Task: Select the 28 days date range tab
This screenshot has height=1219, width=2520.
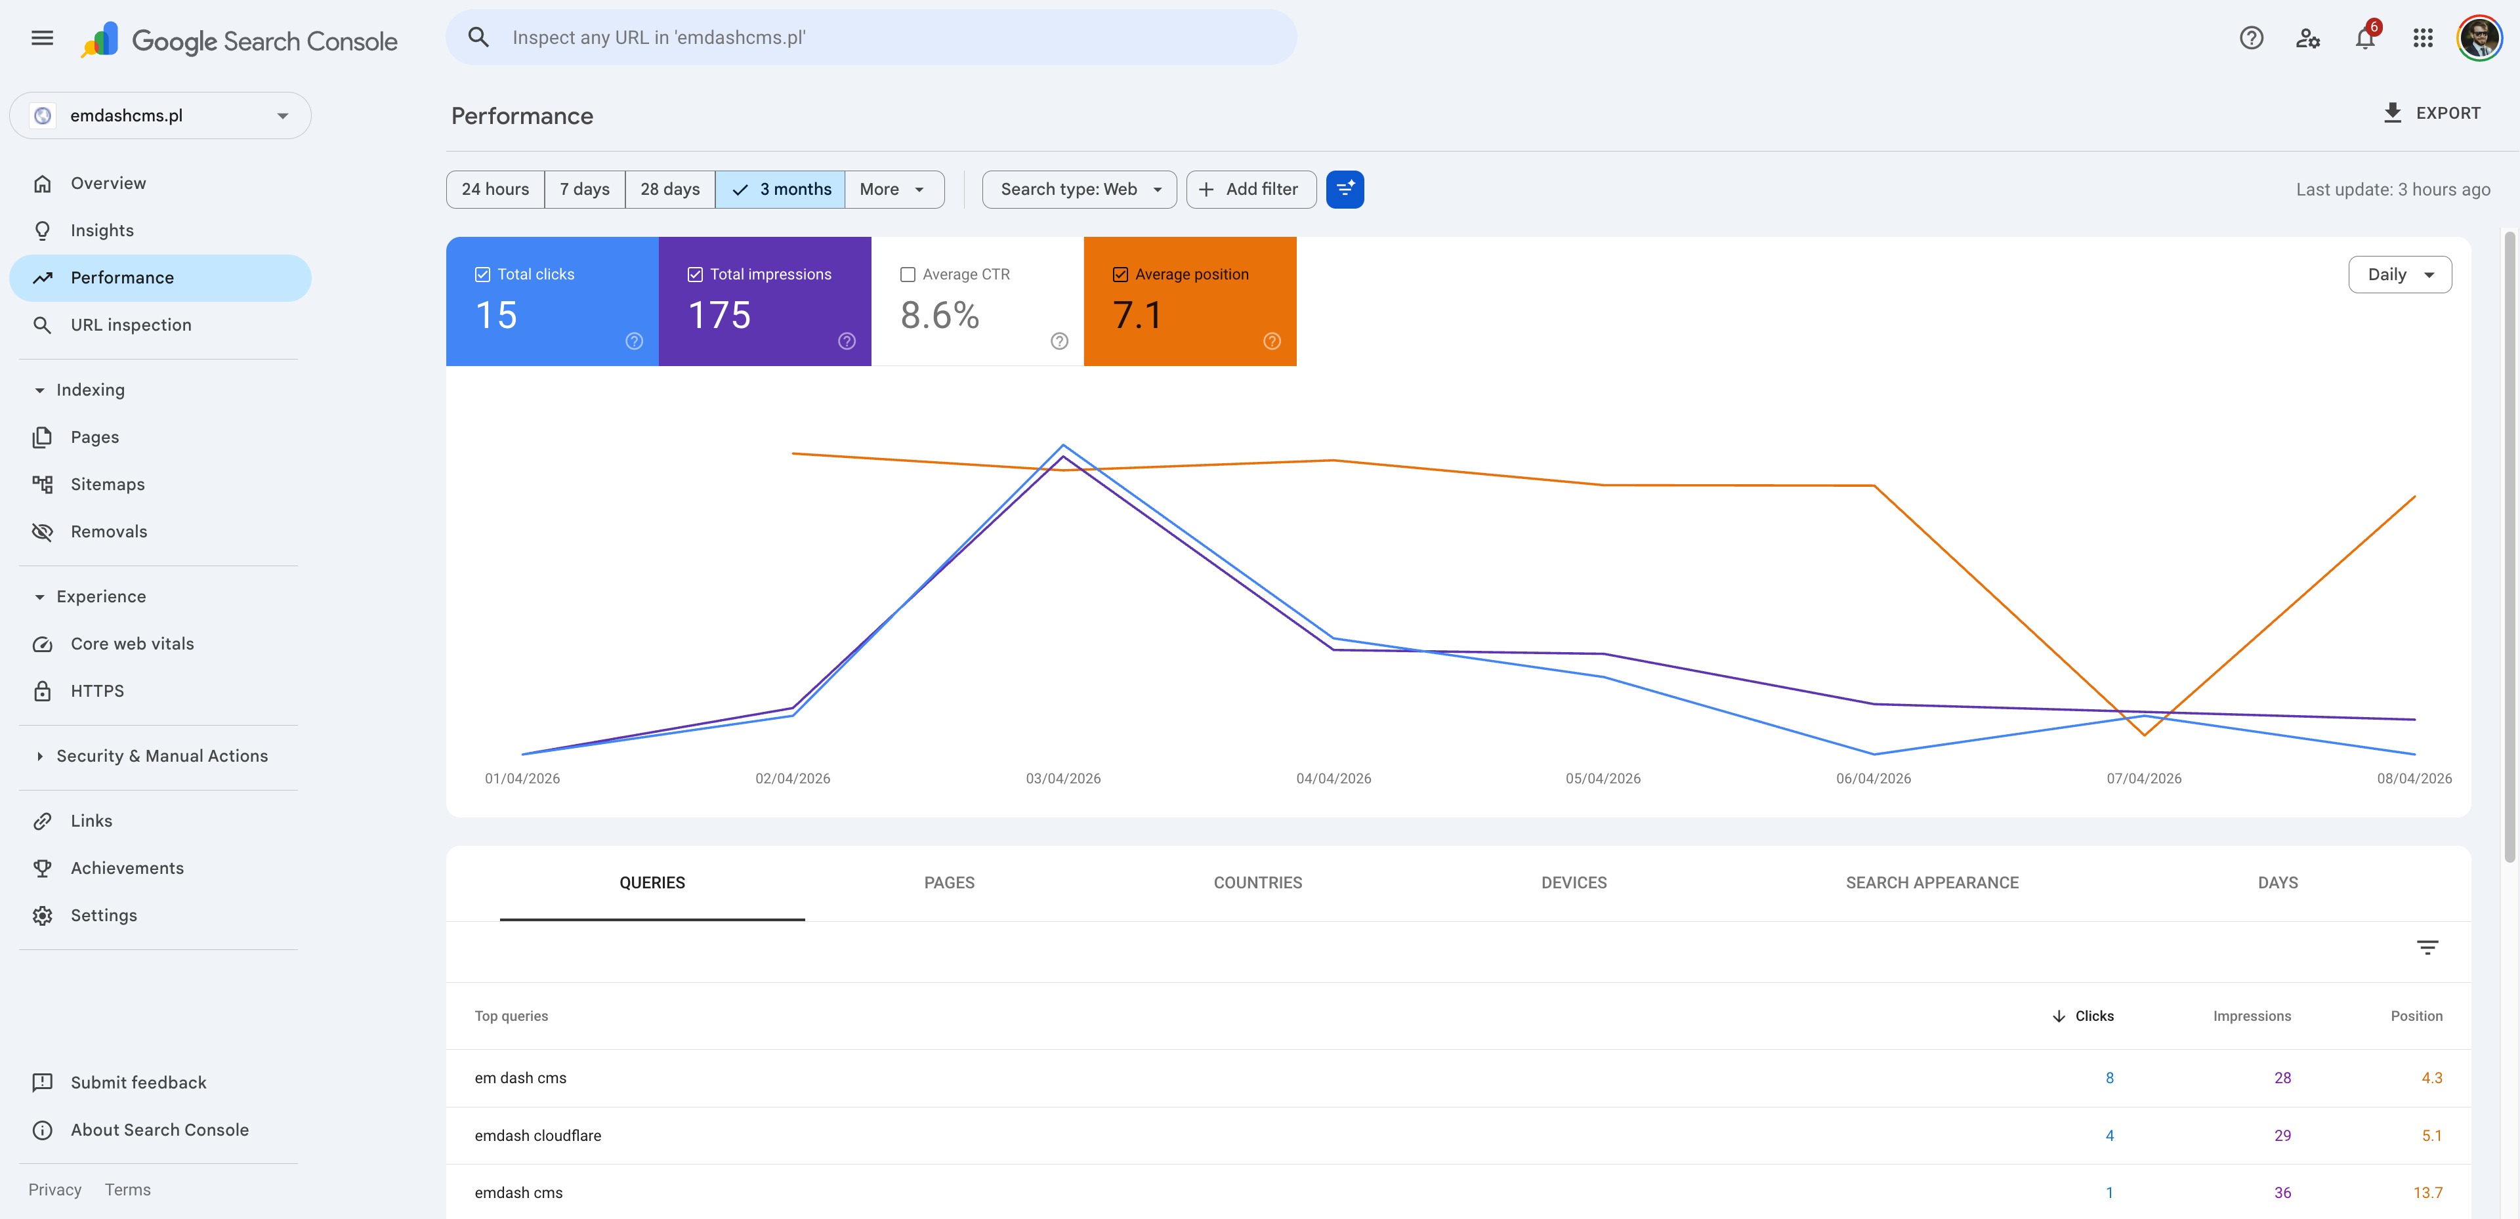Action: pyautogui.click(x=669, y=190)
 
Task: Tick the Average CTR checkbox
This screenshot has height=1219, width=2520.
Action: pyautogui.click(x=908, y=275)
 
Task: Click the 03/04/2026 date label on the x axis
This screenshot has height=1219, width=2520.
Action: pyautogui.click(x=1062, y=779)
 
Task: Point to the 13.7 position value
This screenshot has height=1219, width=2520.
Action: pyautogui.click(x=2427, y=1193)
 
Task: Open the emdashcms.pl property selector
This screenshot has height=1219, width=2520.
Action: pyautogui.click(x=159, y=115)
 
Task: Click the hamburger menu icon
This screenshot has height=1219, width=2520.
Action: pyautogui.click(x=42, y=38)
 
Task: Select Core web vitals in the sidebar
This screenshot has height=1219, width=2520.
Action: pyautogui.click(x=131, y=644)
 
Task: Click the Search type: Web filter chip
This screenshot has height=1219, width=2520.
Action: pyautogui.click(x=1079, y=190)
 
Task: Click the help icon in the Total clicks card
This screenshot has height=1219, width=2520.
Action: pyautogui.click(x=634, y=341)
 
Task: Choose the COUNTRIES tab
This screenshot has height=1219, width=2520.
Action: pyautogui.click(x=1257, y=882)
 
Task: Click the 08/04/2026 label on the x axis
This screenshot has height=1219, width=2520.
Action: pyautogui.click(x=2414, y=779)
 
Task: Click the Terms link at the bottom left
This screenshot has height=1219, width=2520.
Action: pyautogui.click(x=127, y=1189)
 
